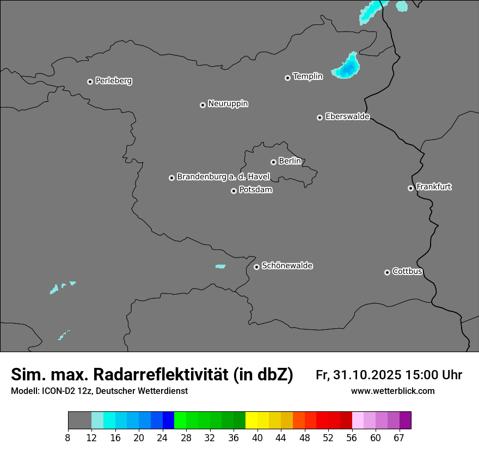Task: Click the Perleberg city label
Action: pyautogui.click(x=113, y=81)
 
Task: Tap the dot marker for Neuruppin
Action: pyautogui.click(x=202, y=105)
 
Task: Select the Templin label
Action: pyautogui.click(x=308, y=77)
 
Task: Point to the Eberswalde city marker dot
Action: pyautogui.click(x=320, y=117)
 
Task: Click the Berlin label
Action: pyautogui.click(x=290, y=161)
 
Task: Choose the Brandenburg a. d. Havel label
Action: pyautogui.click(x=223, y=177)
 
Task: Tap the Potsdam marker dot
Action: pyautogui.click(x=234, y=191)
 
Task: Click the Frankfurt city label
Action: pyautogui.click(x=434, y=187)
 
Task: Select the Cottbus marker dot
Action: pyautogui.click(x=387, y=272)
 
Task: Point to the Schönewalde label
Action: pyautogui.click(x=287, y=266)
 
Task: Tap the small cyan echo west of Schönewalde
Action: pyautogui.click(x=220, y=266)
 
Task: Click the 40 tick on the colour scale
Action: pyautogui.click(x=257, y=437)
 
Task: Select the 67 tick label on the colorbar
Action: pyautogui.click(x=399, y=437)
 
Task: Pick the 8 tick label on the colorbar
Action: pyautogui.click(x=67, y=437)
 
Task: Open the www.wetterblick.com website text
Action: pyautogui.click(x=392, y=391)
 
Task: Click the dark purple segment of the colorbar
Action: pyautogui.click(x=405, y=421)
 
